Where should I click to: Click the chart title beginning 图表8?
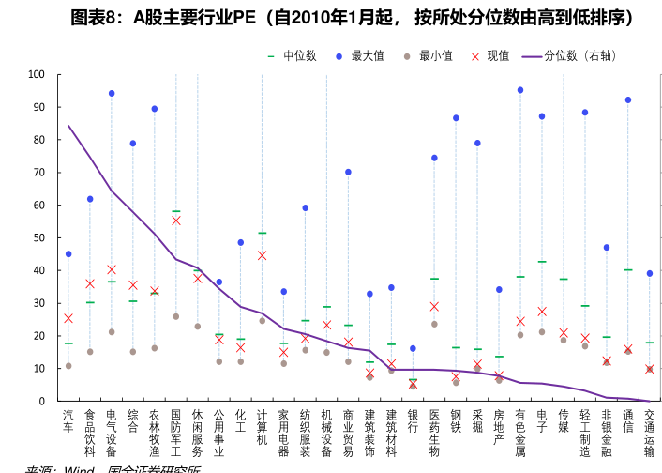(353, 18)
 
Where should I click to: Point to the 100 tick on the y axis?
(37, 74)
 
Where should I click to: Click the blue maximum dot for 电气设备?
(112, 94)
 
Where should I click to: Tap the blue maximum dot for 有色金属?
(520, 90)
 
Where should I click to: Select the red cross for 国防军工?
(176, 221)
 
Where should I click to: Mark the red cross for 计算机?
(263, 255)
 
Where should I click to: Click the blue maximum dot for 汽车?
(68, 254)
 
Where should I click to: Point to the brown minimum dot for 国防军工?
(176, 316)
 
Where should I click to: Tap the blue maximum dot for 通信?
(628, 99)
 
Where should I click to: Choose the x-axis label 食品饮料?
(90, 433)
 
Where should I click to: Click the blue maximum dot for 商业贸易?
(348, 172)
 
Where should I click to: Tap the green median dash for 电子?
(542, 262)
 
